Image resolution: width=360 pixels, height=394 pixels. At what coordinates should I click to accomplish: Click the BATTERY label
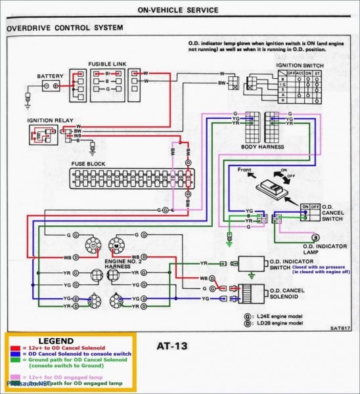[x=50, y=76]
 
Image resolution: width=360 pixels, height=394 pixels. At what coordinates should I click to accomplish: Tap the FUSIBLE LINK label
[x=107, y=64]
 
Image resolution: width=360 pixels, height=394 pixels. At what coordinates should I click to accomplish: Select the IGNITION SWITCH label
[x=300, y=66]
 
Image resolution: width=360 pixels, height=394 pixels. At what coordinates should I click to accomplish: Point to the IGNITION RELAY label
[x=49, y=121]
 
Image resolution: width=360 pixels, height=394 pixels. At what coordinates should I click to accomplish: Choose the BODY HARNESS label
[x=262, y=147]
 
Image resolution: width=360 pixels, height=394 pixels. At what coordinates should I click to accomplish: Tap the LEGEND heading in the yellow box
[x=56, y=341]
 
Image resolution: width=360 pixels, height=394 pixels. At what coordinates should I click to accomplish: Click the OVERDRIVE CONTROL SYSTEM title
[x=64, y=28]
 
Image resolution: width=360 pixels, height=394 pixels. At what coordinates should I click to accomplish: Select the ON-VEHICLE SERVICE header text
[x=179, y=11]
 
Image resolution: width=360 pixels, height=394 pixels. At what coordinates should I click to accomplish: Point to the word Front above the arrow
[x=244, y=170]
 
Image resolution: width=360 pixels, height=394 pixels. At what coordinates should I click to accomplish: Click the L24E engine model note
[x=279, y=315]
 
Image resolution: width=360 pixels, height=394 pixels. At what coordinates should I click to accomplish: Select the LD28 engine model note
[x=279, y=323]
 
